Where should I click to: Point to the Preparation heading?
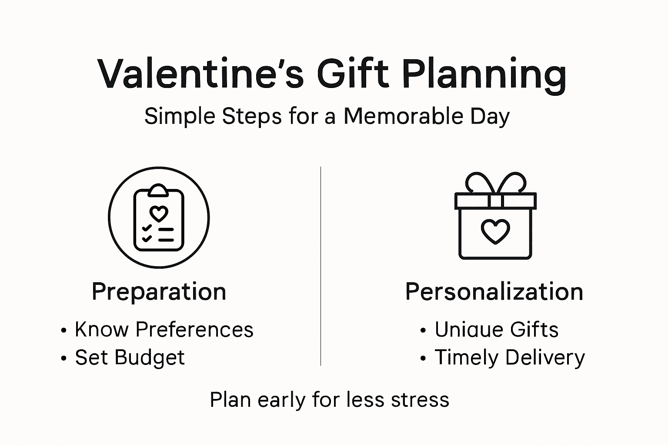pyautogui.click(x=159, y=291)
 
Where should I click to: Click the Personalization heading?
pyautogui.click(x=494, y=291)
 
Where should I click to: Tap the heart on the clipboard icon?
pyautogui.click(x=159, y=213)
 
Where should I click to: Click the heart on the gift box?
pyautogui.click(x=495, y=231)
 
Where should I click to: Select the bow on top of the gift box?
pyautogui.click(x=495, y=183)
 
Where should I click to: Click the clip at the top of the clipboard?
pyautogui.click(x=158, y=190)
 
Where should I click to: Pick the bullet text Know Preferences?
pyautogui.click(x=164, y=329)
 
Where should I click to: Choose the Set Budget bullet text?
pyautogui.click(x=130, y=358)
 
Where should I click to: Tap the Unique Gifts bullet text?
pyautogui.click(x=497, y=329)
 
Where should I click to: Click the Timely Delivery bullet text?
pyautogui.click(x=510, y=358)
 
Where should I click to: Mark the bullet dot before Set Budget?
pyautogui.click(x=64, y=358)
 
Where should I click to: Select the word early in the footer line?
pyautogui.click(x=281, y=400)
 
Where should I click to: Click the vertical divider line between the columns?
pyautogui.click(x=321, y=266)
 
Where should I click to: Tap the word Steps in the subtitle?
pyautogui.click(x=252, y=116)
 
